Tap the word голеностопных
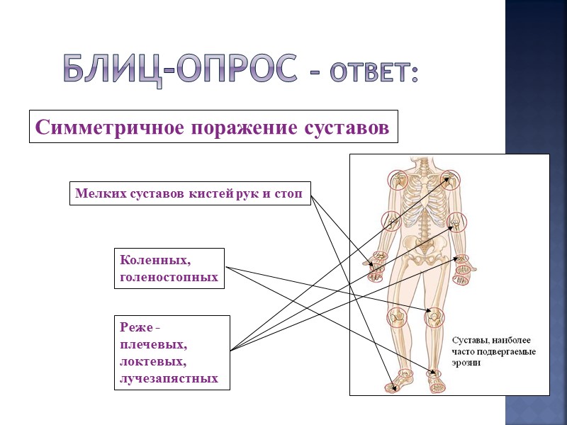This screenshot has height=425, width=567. coord(169,277)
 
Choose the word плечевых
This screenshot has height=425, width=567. coord(153,345)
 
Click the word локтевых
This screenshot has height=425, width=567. coord(153,361)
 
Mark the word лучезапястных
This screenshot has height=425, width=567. coord(169,378)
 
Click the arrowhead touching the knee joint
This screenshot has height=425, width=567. coord(432,312)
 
